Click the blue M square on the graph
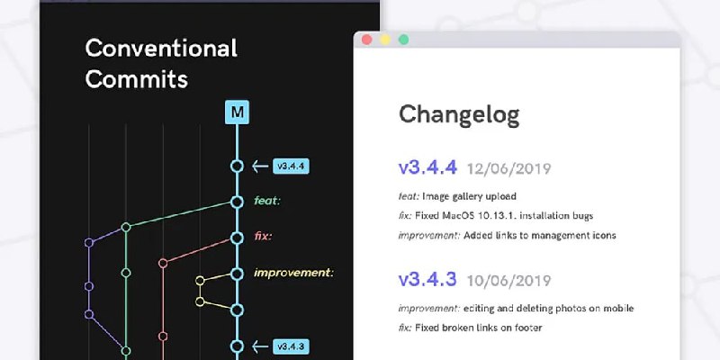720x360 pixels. click(237, 112)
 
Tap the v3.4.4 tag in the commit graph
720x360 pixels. click(291, 166)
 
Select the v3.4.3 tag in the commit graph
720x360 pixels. click(291, 346)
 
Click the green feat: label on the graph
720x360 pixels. click(266, 201)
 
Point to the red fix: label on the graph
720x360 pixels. click(263, 237)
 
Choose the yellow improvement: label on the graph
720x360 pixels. click(293, 274)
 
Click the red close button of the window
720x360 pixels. click(366, 40)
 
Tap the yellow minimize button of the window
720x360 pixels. click(385, 40)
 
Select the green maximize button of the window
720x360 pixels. click(403, 40)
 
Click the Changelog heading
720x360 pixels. click(459, 115)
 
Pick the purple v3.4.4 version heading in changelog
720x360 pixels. click(427, 167)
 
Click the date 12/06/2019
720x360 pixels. click(508, 169)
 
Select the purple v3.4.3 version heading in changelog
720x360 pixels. click(427, 279)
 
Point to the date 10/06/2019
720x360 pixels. click(508, 281)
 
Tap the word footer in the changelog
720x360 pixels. click(529, 328)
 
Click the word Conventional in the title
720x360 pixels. click(161, 49)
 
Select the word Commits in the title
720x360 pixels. click(137, 79)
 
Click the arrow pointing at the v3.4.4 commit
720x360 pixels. click(260, 166)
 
